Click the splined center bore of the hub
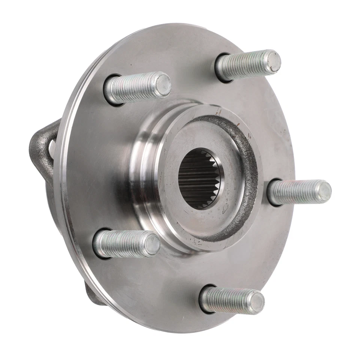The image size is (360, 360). [199, 178]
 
